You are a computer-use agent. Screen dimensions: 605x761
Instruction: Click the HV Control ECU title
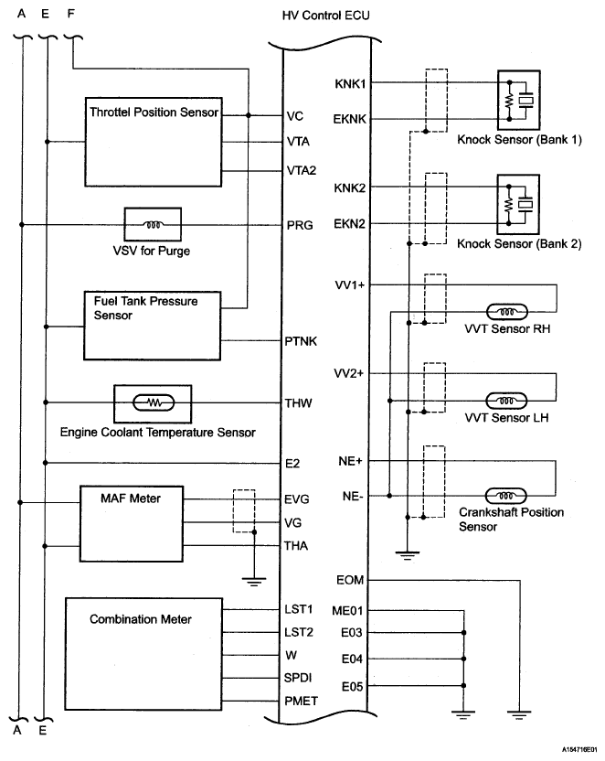click(325, 16)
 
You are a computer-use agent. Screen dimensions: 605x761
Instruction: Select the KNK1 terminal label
click(350, 84)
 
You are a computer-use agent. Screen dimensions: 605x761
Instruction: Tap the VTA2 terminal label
click(301, 170)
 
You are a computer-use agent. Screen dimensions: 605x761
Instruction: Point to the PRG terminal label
click(300, 225)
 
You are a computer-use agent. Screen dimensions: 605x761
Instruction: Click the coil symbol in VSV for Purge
click(153, 225)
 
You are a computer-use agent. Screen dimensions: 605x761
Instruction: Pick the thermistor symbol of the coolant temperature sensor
click(154, 402)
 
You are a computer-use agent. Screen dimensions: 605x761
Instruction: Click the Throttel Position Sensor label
click(154, 113)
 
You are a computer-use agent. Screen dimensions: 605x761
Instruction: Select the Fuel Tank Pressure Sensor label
click(145, 308)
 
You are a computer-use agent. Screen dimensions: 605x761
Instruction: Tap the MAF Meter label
click(131, 498)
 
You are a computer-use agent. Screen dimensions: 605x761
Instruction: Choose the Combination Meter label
click(141, 619)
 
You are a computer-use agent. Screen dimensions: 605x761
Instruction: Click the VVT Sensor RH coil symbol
click(506, 312)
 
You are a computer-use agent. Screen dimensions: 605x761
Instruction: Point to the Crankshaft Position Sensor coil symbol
click(505, 496)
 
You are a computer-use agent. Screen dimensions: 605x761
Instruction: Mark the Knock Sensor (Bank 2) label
click(519, 243)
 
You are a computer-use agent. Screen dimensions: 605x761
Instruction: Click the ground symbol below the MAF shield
click(254, 582)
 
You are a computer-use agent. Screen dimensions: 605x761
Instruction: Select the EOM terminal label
click(349, 581)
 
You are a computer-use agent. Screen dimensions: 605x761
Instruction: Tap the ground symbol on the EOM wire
click(519, 715)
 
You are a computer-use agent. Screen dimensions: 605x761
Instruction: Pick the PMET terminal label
click(301, 702)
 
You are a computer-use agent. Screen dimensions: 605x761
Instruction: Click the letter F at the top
click(70, 14)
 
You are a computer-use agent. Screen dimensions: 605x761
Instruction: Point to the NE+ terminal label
click(350, 461)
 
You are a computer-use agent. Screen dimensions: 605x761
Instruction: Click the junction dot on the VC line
click(249, 115)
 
